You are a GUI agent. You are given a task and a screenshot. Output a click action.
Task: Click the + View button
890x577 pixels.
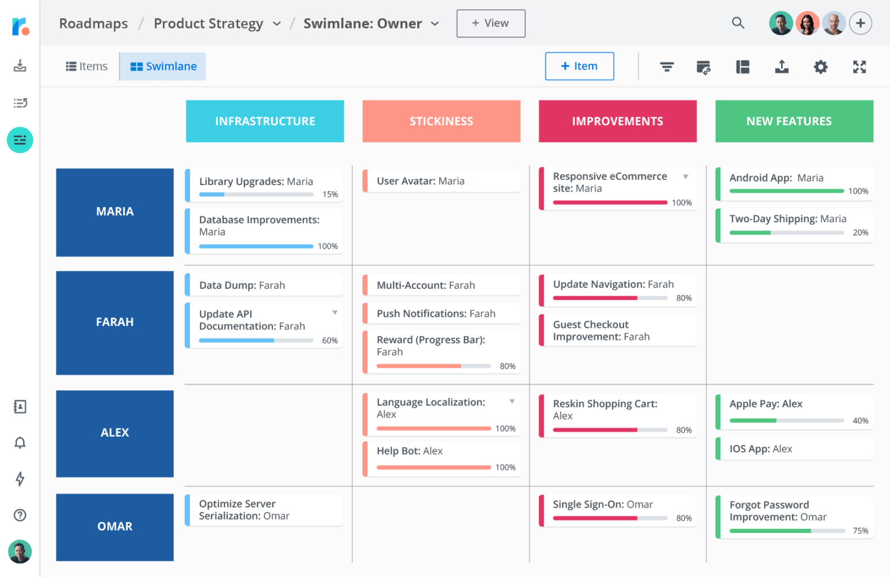[x=490, y=23]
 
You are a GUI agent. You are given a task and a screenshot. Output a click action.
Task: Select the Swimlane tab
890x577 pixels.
[x=163, y=67]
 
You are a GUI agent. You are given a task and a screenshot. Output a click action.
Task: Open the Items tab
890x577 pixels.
[x=87, y=67]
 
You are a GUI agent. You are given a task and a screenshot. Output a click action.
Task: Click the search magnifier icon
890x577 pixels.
[x=738, y=23]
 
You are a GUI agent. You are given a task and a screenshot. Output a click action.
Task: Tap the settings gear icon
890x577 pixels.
[x=820, y=67]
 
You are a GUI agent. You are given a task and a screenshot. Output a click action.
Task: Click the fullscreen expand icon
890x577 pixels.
[x=859, y=67]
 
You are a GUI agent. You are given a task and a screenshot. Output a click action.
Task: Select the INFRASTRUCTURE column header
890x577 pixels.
[x=265, y=121]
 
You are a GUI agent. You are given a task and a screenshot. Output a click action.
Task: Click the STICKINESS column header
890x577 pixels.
[x=441, y=121]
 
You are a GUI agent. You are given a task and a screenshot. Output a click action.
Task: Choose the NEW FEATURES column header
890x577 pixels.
[x=794, y=121]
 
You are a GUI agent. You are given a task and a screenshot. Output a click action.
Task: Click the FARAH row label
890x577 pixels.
[x=115, y=322]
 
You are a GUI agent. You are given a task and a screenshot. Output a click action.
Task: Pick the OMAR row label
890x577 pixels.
[x=115, y=527]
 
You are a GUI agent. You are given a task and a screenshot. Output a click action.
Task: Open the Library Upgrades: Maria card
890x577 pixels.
[x=264, y=186]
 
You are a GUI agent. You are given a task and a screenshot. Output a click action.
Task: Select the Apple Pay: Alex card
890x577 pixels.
[x=794, y=411]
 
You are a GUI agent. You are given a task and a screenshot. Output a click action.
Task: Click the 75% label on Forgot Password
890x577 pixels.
[x=860, y=531]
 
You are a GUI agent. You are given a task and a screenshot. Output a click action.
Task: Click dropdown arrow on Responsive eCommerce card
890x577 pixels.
[x=685, y=177]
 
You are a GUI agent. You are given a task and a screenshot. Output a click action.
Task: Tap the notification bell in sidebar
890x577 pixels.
[x=20, y=443]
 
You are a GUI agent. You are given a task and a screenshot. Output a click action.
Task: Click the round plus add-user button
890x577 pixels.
[x=860, y=23]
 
